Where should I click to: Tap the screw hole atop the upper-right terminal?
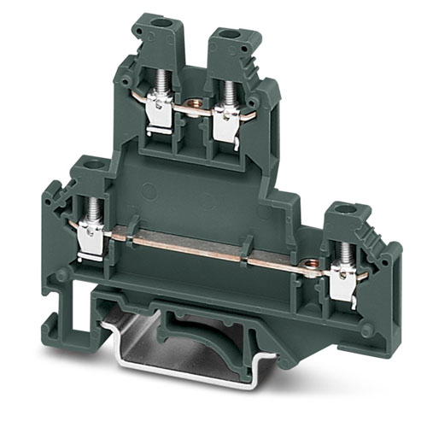(x=226, y=34)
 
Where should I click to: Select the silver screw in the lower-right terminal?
(x=345, y=251)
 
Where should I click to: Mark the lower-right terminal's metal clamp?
(x=343, y=284)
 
